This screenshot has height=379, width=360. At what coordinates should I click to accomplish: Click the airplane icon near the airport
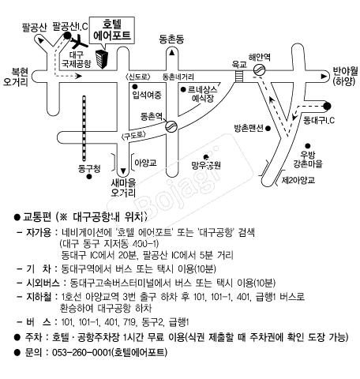click(x=78, y=41)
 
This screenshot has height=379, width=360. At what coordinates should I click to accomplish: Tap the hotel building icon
click(x=102, y=59)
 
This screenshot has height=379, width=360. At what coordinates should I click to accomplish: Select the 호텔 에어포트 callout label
click(x=112, y=31)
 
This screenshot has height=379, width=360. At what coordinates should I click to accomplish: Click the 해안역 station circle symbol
click(x=260, y=69)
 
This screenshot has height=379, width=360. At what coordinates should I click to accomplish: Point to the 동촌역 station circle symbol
click(x=171, y=126)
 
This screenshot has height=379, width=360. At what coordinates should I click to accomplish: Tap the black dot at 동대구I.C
click(x=327, y=106)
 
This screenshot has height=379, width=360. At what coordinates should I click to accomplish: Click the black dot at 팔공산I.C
click(x=67, y=36)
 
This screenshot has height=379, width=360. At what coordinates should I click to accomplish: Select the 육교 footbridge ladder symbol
click(x=239, y=76)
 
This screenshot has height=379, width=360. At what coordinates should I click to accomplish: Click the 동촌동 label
click(x=171, y=39)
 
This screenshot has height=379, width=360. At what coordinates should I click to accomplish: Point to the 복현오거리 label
click(x=16, y=77)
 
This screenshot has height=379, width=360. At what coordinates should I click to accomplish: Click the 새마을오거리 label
click(x=123, y=188)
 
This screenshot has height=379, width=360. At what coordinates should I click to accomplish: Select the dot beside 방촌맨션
click(x=268, y=129)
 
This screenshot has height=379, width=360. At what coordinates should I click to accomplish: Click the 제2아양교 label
click(x=298, y=180)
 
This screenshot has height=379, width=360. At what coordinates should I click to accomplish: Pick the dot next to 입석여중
click(x=135, y=86)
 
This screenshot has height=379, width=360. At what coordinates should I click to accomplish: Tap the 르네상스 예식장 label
click(x=203, y=94)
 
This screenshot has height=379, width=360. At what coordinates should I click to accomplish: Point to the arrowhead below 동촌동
click(x=172, y=53)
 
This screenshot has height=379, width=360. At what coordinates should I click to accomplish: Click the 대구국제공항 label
click(x=77, y=59)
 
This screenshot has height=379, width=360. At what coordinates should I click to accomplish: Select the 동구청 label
click(x=89, y=168)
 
